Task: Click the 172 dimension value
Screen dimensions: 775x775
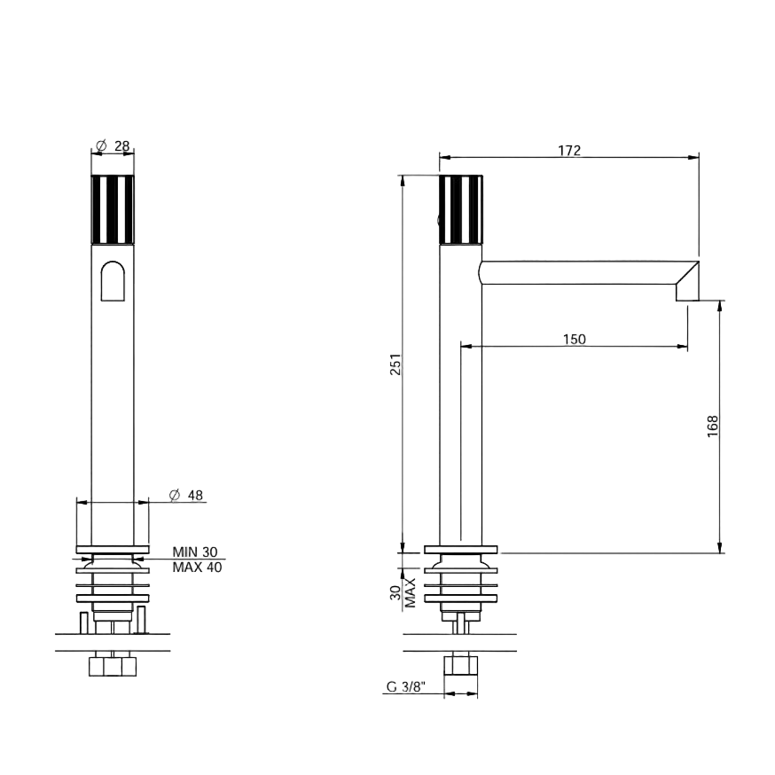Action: pos(569,150)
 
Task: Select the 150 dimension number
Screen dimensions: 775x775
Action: pos(575,339)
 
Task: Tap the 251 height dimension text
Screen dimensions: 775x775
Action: pos(395,364)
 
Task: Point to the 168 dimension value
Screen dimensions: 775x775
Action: pos(712,426)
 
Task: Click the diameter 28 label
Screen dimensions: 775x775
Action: pos(114,145)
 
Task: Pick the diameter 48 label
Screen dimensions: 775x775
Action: pos(186,495)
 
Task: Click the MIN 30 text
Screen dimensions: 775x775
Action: pos(195,552)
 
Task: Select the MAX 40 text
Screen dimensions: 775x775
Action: pos(197,567)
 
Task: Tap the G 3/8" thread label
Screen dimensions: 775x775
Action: pos(406,686)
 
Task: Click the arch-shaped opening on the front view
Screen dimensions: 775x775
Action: pos(113,281)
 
